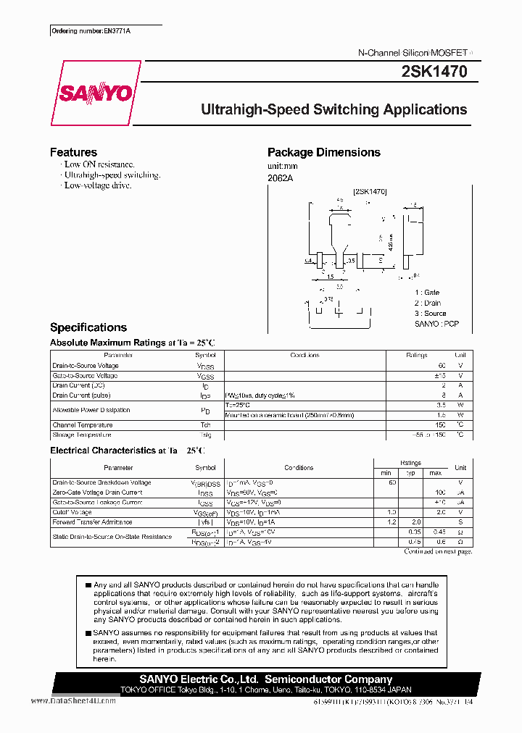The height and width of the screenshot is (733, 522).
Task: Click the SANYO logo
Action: click(x=95, y=93)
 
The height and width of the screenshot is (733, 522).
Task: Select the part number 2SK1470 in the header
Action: click(x=434, y=72)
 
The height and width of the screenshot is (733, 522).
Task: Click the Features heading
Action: click(x=73, y=152)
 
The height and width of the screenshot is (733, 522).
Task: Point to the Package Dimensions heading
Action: click(x=323, y=152)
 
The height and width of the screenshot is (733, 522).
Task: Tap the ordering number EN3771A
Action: click(x=96, y=32)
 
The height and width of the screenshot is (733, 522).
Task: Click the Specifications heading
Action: click(x=88, y=327)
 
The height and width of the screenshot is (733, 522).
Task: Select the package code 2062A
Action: click(x=280, y=178)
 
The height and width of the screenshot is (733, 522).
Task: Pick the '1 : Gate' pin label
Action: click(x=427, y=293)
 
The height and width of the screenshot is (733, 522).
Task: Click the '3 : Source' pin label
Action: click(x=430, y=314)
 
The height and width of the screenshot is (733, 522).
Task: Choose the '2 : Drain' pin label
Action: click(x=428, y=303)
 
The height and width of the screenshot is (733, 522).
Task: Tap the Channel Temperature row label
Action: click(x=83, y=425)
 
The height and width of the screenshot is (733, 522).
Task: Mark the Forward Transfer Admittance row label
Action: click(x=92, y=522)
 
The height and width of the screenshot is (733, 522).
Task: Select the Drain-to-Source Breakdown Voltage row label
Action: click(x=101, y=482)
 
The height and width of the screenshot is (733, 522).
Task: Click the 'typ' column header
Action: click(x=411, y=473)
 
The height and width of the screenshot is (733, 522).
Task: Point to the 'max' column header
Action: click(x=435, y=473)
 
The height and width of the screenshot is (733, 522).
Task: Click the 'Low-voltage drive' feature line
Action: click(x=97, y=186)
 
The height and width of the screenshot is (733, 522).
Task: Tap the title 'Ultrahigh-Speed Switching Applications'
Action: click(x=333, y=109)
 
